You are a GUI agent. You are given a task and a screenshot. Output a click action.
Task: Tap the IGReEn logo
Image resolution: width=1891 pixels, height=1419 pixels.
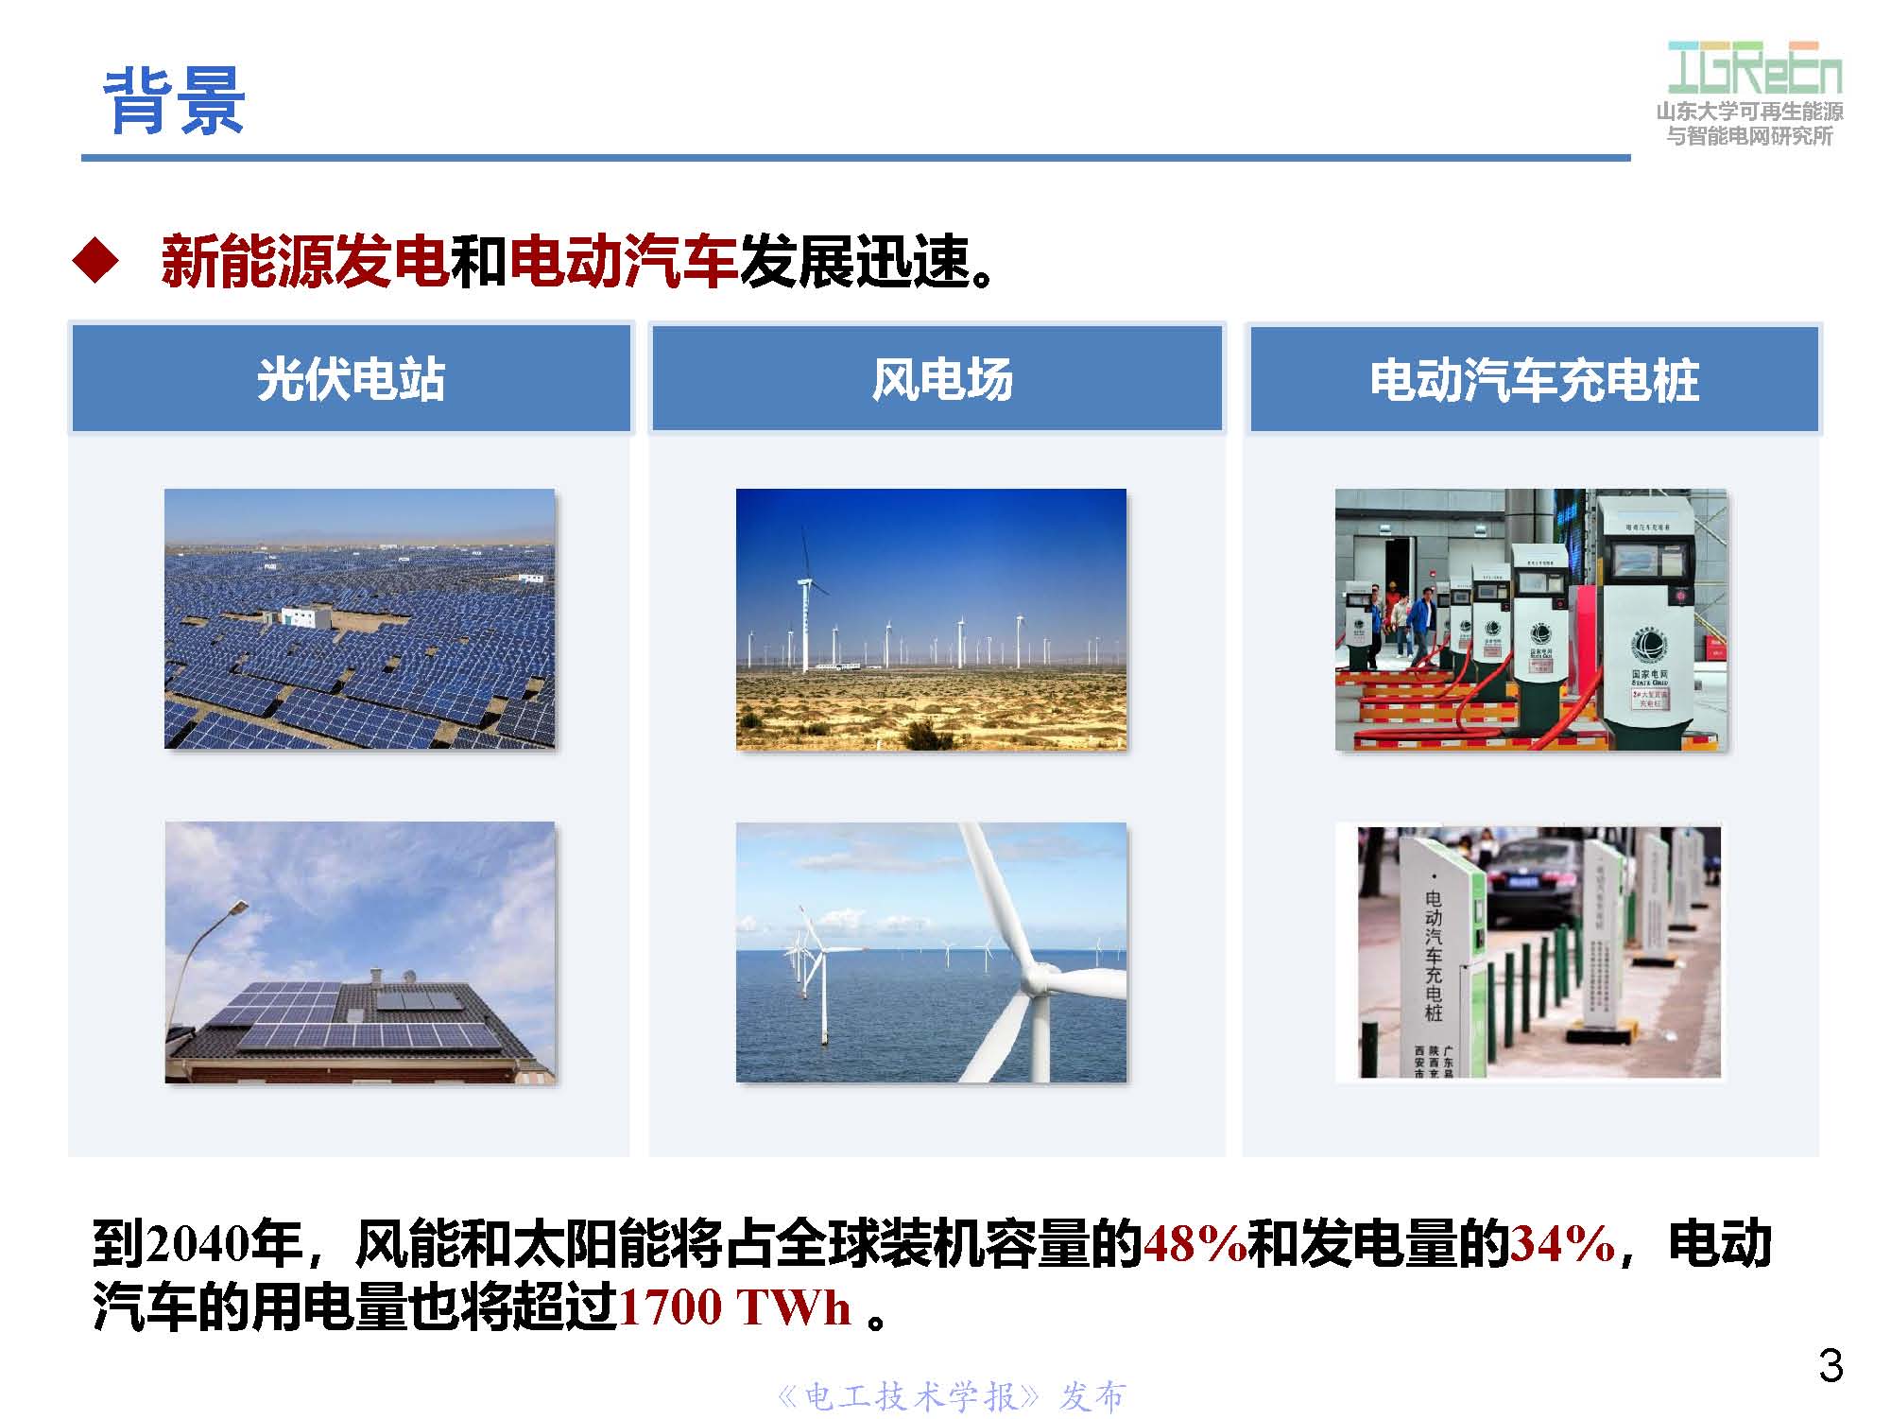pos(1754,68)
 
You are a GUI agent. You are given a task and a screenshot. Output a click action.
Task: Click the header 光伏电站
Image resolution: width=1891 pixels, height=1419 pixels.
pos(351,380)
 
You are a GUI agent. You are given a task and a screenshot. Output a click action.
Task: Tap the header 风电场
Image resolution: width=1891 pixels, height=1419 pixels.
pos(941,380)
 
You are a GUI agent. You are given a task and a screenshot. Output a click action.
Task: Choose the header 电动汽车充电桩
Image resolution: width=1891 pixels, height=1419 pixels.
pos(1534,380)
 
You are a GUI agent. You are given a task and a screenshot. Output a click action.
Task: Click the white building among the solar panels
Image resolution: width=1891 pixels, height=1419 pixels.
pos(298,618)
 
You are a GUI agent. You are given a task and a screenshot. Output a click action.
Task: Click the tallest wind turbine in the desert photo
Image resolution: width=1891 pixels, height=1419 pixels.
pos(805,605)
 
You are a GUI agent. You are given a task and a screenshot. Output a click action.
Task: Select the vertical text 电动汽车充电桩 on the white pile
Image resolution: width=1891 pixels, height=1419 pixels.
pos(1434,955)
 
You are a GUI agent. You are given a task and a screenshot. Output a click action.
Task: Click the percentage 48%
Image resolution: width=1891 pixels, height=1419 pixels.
pos(1195,1244)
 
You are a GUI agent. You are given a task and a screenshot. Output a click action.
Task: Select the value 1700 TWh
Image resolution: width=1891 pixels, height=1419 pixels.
pos(735,1308)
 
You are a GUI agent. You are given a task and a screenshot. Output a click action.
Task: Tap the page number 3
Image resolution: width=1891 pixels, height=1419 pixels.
pos(1831,1366)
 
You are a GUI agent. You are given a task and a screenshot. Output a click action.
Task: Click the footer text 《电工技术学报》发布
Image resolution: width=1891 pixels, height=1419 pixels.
pos(951,1396)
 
